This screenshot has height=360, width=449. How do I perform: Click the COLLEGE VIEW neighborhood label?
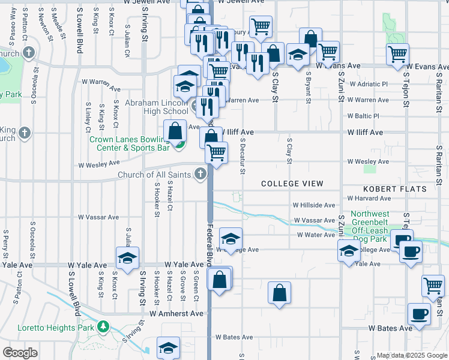(292, 184)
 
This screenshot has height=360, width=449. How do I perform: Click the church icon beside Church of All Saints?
(200, 175)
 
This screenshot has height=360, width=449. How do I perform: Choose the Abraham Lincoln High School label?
(157, 107)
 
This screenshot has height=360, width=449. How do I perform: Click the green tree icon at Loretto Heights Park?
(104, 326)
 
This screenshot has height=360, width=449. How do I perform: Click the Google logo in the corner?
(20, 353)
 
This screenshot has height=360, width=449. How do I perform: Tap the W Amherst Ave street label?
(176, 313)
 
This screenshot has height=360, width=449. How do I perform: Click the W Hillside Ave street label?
(313, 205)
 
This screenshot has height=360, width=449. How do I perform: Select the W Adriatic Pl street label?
(367, 84)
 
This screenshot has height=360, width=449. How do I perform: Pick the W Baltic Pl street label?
(363, 116)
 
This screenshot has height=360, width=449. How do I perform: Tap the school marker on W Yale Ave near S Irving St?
(127, 258)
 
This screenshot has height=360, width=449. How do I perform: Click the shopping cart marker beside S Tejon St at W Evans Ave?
(397, 55)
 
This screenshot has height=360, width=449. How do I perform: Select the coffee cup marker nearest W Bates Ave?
(419, 314)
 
